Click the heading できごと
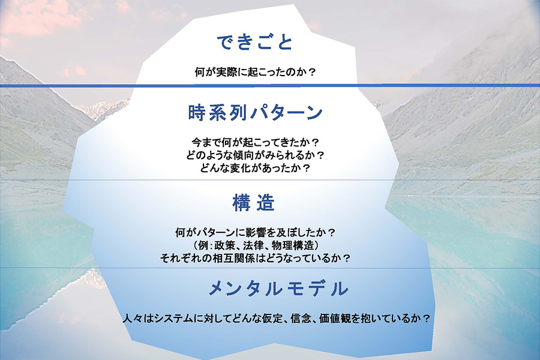click(254, 42)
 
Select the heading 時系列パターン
click(255, 112)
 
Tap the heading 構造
click(253, 203)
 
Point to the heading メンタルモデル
click(278, 289)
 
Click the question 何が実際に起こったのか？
click(255, 72)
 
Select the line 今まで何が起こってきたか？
click(255, 143)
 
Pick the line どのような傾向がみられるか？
click(255, 155)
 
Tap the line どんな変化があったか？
click(255, 168)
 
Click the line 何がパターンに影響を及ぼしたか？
click(255, 232)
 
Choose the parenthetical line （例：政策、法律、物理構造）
click(255, 245)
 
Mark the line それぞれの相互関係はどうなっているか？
click(255, 259)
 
